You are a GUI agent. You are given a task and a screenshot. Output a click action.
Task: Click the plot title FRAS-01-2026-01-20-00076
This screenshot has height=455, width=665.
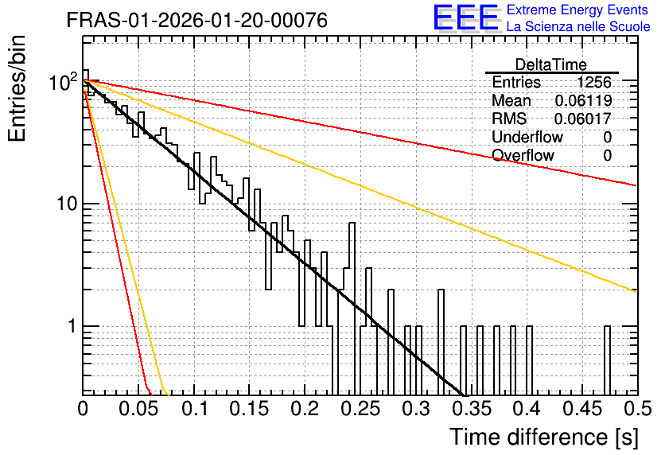tap(196, 20)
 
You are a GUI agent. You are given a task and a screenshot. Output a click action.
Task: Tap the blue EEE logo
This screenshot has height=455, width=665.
tap(465, 17)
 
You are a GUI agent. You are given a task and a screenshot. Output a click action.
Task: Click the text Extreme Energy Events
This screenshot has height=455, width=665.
tap(577, 10)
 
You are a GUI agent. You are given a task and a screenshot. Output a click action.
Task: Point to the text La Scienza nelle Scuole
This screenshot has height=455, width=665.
tap(578, 26)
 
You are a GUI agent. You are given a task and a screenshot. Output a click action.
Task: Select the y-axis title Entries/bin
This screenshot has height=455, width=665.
tap(17, 88)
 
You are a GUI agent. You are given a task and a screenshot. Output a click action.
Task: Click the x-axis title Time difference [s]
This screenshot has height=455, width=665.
tap(544, 437)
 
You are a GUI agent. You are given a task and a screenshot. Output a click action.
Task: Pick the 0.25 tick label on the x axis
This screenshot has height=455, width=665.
tap(360, 409)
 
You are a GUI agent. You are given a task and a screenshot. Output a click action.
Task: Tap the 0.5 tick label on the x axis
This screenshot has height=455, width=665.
tap(638, 409)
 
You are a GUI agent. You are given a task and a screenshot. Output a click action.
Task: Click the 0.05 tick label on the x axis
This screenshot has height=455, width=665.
tap(138, 409)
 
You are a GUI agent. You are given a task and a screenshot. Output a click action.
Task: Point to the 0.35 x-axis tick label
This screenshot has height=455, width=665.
tap(472, 409)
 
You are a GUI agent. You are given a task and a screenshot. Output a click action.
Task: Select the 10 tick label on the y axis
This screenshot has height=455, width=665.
tap(66, 204)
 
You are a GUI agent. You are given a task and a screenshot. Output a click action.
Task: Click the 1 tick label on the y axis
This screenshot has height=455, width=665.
tap(72, 326)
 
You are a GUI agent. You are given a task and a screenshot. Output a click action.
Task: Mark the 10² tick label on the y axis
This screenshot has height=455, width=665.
tap(63, 80)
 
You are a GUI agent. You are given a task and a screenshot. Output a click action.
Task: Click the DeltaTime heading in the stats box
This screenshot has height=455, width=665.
tap(551, 64)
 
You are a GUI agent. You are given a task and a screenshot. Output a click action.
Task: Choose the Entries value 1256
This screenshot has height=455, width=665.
tap(593, 82)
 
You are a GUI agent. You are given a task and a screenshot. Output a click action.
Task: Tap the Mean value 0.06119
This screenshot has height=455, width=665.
tap(583, 100)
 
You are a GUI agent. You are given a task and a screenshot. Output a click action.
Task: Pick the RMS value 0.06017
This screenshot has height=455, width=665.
tap(583, 119)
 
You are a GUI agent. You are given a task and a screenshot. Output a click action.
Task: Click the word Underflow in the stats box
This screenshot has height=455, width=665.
tap(527, 137)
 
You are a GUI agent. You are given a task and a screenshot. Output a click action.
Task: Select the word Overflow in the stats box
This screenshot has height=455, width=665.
tap(523, 155)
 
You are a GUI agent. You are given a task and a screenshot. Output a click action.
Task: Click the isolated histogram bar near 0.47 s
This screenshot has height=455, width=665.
tap(607, 360)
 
